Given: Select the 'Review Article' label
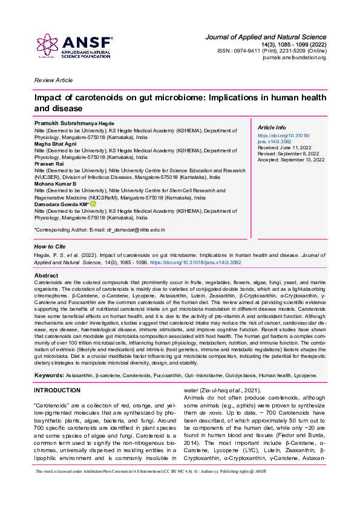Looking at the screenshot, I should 53,80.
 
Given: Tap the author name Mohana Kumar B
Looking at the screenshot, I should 56,183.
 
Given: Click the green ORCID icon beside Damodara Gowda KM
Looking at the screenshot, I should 93,204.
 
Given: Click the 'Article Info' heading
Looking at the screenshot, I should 272,128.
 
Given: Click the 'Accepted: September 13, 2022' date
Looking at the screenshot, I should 291,160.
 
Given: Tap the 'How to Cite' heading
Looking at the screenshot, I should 50,247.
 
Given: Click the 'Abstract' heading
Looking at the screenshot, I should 47,276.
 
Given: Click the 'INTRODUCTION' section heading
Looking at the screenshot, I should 57,391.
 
